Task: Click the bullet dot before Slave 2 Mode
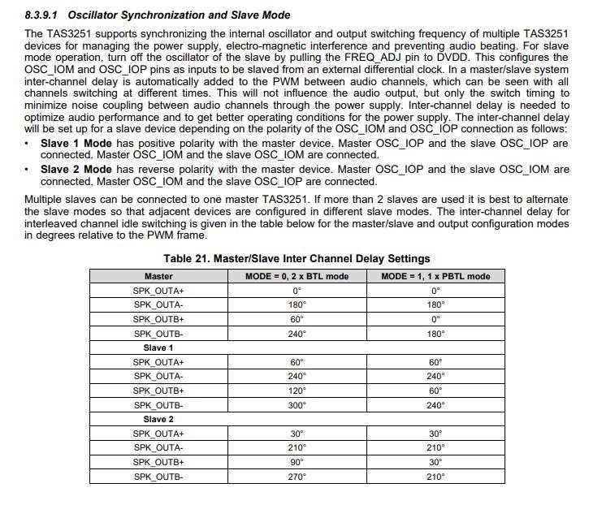28,170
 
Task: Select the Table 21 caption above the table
297,259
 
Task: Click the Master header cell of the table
158,276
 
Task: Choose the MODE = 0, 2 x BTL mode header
297,276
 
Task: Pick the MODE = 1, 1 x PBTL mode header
435,276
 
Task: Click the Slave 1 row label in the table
158,347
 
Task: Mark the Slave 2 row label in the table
158,419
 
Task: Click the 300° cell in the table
297,405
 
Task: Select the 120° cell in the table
297,391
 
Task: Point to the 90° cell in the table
297,462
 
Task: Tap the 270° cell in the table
297,477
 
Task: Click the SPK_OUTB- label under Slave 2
158,477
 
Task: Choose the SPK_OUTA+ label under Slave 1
158,362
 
